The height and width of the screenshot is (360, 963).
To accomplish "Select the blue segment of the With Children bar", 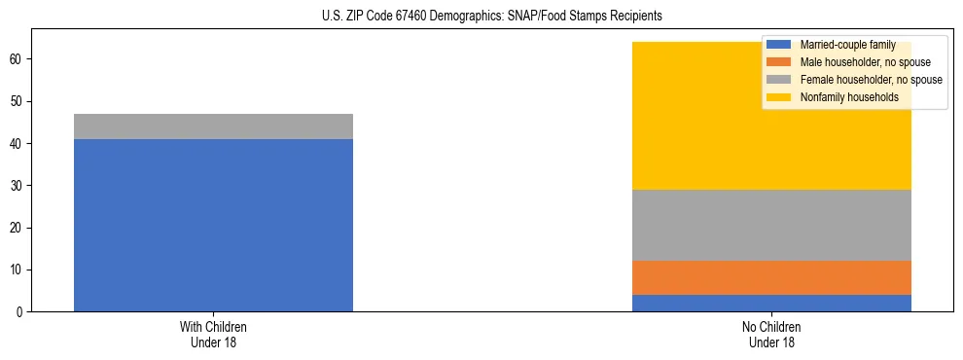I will (x=213, y=225).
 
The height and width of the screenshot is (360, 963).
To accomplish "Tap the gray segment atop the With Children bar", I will (x=213, y=126).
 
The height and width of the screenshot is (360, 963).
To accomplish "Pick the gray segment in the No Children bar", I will (x=772, y=225).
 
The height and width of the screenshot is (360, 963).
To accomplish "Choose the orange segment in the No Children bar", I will (x=772, y=277).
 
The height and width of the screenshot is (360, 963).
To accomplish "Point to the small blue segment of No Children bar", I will (x=772, y=303).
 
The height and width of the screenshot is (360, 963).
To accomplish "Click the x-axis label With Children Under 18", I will (x=213, y=334).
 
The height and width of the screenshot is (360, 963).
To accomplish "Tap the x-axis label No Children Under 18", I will (x=772, y=334).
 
